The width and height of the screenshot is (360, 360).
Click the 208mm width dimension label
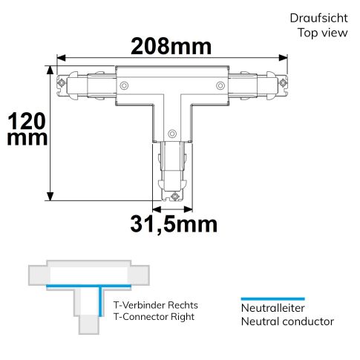pyautogui.click(x=171, y=47)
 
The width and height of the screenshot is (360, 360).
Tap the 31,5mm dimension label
pyautogui.click(x=174, y=224)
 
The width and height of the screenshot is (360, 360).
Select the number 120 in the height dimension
pyautogui.click(x=27, y=121)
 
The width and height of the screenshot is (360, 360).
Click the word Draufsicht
pyautogui.click(x=318, y=19)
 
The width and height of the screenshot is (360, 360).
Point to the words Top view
pyautogui.click(x=323, y=33)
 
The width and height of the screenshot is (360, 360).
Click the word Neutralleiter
pyautogui.click(x=272, y=308)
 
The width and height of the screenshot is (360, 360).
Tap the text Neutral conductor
pyautogui.click(x=287, y=321)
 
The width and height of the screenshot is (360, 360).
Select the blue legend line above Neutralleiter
pyautogui.click(x=273, y=299)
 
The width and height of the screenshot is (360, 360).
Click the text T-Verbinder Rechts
pyautogui.click(x=156, y=305)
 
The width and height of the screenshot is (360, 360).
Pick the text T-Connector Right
pyautogui.click(x=154, y=317)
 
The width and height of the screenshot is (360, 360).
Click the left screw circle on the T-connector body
pyautogui.click(x=124, y=85)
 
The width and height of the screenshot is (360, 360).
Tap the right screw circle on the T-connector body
pyautogui.click(x=220, y=85)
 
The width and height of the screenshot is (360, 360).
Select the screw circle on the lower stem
pyautogui.click(x=172, y=134)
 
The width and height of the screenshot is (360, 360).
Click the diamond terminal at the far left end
pyautogui.click(x=61, y=82)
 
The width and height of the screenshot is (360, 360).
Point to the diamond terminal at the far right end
pyautogui.click(x=284, y=82)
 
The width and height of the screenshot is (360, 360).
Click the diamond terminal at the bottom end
pyautogui.click(x=175, y=197)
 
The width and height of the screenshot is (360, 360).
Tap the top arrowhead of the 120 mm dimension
pyautogui.click(x=50, y=70)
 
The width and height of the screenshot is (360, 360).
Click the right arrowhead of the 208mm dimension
pyautogui.click(x=283, y=58)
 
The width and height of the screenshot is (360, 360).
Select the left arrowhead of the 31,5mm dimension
pyautogui.click(x=157, y=209)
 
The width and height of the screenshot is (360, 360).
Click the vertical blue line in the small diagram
pyautogui.click(x=100, y=301)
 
